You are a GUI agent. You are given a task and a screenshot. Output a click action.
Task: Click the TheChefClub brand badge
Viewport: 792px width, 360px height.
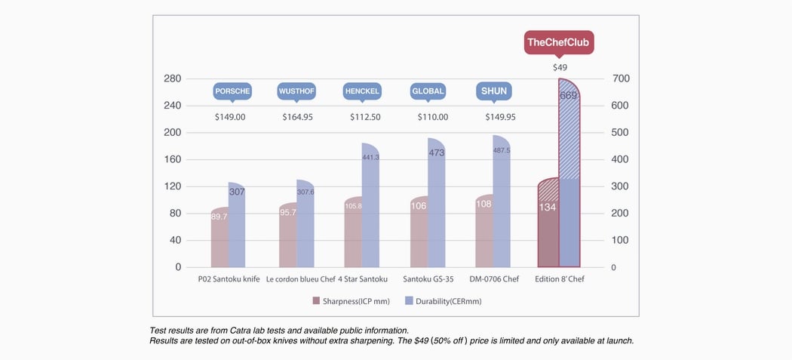(559, 42)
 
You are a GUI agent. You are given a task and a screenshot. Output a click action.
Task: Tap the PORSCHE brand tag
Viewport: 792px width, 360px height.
(232, 91)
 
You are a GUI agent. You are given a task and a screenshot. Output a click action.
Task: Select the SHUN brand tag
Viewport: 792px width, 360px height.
(493, 91)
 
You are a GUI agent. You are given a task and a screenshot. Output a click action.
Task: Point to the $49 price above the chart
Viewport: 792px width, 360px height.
(560, 67)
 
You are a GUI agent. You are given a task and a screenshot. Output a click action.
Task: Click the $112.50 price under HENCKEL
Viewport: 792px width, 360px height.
(365, 117)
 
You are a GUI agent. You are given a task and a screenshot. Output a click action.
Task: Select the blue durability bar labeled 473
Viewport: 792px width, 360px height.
(437, 211)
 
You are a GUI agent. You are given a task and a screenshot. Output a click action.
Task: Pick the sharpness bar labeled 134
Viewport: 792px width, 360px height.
(548, 226)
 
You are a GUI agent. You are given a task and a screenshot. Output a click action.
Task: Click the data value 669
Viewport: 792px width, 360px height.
(569, 96)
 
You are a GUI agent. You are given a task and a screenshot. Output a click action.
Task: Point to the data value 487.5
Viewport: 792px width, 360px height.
(502, 150)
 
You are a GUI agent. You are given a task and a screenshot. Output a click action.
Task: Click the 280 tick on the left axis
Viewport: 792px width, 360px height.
(173, 78)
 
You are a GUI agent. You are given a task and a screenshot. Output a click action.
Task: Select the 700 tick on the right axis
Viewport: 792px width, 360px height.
(622, 78)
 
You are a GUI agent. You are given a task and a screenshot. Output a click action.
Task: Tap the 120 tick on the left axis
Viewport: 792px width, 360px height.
(173, 186)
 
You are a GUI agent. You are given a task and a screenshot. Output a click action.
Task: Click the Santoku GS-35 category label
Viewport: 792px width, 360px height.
(428, 279)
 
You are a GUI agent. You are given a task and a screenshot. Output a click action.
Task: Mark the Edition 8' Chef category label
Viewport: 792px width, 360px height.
(560, 279)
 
